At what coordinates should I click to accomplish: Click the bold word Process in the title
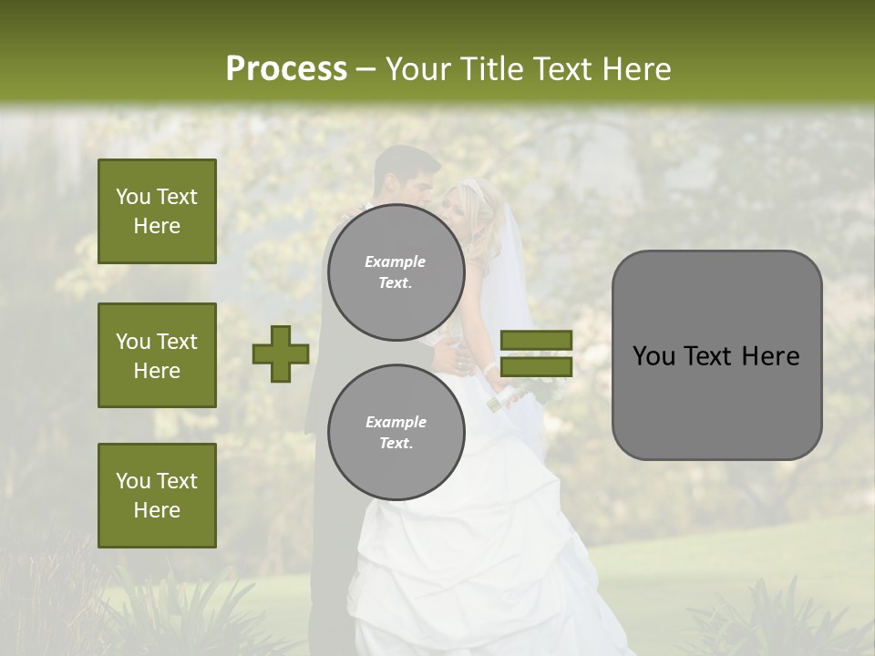286,69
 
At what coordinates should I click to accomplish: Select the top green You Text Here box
157,211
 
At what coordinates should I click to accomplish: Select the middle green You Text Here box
157,355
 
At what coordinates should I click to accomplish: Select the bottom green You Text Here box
157,495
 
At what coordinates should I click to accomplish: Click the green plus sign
281,354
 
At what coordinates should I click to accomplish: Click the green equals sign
536,354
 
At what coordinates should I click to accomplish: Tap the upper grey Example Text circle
396,272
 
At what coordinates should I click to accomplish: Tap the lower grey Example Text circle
396,432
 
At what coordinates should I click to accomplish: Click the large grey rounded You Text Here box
716,355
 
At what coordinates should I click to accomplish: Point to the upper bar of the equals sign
536,341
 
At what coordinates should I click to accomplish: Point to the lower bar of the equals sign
536,366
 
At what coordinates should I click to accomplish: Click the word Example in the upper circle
396,261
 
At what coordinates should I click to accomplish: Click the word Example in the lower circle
396,422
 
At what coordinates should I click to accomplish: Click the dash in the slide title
366,70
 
